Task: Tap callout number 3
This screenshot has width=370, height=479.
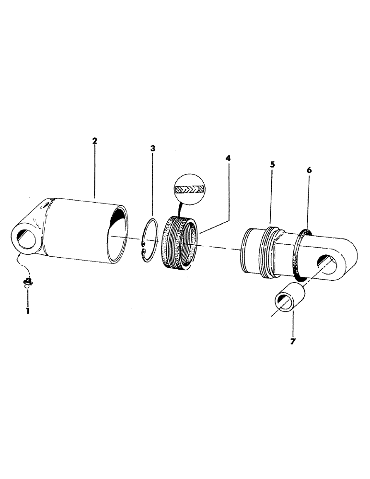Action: [152, 149]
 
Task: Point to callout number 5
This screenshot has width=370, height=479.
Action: [272, 164]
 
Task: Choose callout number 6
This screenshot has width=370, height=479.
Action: [309, 170]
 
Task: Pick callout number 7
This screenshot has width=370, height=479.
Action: [292, 342]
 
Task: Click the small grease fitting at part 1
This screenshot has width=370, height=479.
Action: [28, 282]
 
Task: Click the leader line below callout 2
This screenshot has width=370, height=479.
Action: [94, 172]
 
